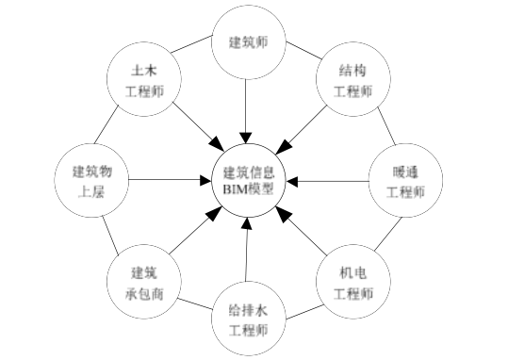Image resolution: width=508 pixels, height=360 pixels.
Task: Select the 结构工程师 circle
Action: (x=353, y=81)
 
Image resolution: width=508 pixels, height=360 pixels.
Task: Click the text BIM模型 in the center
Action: (x=249, y=188)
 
